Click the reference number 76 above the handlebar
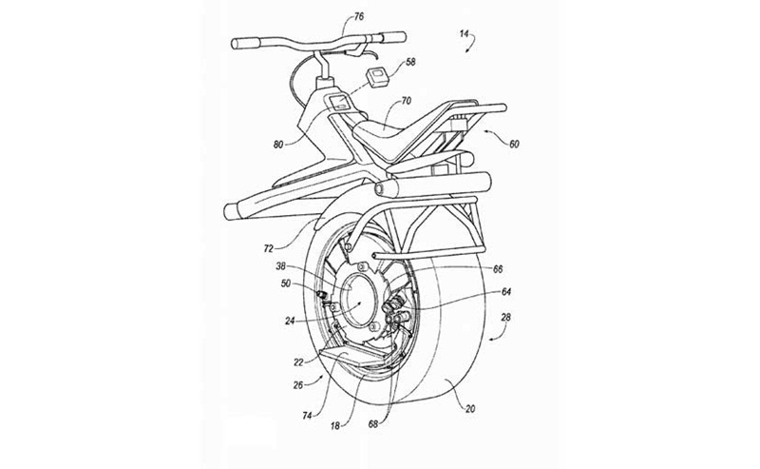click(x=359, y=17)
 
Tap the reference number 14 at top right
click(x=465, y=33)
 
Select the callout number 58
click(x=410, y=62)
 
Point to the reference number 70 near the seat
click(x=407, y=101)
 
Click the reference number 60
click(x=514, y=144)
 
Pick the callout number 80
click(x=278, y=145)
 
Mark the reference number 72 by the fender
click(x=268, y=248)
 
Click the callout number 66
click(x=498, y=268)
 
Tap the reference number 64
click(x=506, y=292)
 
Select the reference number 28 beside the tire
click(x=505, y=318)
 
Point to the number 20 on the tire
click(x=470, y=409)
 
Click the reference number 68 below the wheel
click(x=373, y=424)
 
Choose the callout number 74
click(x=307, y=416)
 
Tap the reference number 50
click(x=286, y=283)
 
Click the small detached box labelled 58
click(x=376, y=77)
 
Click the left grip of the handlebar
click(x=247, y=44)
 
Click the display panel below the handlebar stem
click(x=339, y=102)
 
